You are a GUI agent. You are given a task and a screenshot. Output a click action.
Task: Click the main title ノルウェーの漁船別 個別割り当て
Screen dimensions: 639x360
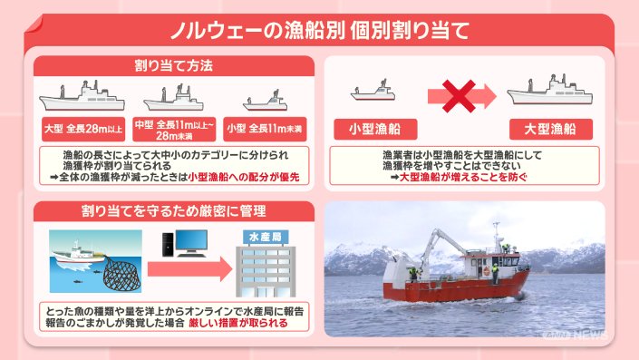coord(319,31)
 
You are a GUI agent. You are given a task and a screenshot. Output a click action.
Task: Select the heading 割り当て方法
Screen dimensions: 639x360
coord(174,65)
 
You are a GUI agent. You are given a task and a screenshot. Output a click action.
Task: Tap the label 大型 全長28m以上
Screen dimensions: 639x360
coord(83,130)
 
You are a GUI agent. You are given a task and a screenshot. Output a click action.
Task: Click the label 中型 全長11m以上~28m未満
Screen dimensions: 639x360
coord(174,130)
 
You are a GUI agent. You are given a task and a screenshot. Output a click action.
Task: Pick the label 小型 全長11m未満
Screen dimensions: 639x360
coord(265,130)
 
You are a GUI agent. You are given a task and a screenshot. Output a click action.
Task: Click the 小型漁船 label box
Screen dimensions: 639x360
coord(375,130)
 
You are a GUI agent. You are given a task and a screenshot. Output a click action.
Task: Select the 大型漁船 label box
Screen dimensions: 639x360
coord(550,130)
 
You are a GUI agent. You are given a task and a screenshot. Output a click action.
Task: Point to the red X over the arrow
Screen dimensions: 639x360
coord(459,96)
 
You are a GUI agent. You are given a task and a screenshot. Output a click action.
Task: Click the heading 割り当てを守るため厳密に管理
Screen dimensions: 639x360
coord(174,210)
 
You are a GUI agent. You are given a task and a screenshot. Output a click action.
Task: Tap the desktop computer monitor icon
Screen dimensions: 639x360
coord(191,242)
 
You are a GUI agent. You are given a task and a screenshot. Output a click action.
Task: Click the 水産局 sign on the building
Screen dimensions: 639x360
coord(266,238)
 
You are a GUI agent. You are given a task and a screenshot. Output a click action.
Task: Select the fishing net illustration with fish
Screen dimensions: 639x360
coord(121,274)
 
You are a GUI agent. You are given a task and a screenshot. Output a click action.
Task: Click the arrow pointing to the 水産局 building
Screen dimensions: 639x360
coord(190,269)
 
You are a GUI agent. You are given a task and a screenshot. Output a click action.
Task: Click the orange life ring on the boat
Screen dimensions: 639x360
coord(487,271)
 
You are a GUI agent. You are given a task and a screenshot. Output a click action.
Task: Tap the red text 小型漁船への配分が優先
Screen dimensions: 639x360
coord(244,177)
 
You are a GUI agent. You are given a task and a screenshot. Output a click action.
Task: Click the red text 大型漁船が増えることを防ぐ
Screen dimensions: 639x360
coord(462,177)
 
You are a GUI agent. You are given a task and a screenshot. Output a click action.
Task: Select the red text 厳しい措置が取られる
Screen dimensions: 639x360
coord(238,324)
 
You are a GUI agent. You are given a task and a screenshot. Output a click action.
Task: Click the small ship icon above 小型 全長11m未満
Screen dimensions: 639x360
coord(266,101)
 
